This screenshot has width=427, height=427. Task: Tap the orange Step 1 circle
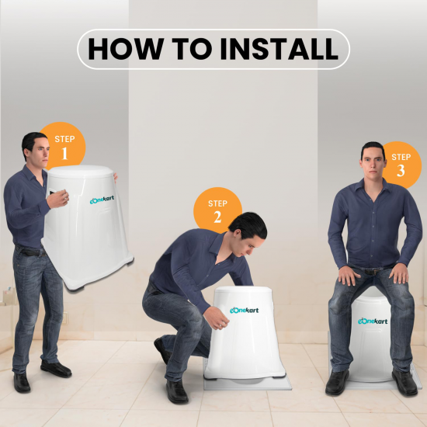(x=64, y=145)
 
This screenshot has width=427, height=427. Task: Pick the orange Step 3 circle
(x=400, y=164)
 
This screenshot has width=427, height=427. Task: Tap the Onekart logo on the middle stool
(x=244, y=311)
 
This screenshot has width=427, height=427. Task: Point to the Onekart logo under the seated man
(x=373, y=321)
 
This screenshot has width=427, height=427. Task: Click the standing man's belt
(x=31, y=252)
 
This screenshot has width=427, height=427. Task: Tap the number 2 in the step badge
(x=217, y=217)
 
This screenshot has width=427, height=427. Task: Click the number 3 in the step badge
(x=401, y=171)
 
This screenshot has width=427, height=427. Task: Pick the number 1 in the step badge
(x=64, y=153)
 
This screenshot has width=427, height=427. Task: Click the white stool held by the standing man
(x=85, y=225)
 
